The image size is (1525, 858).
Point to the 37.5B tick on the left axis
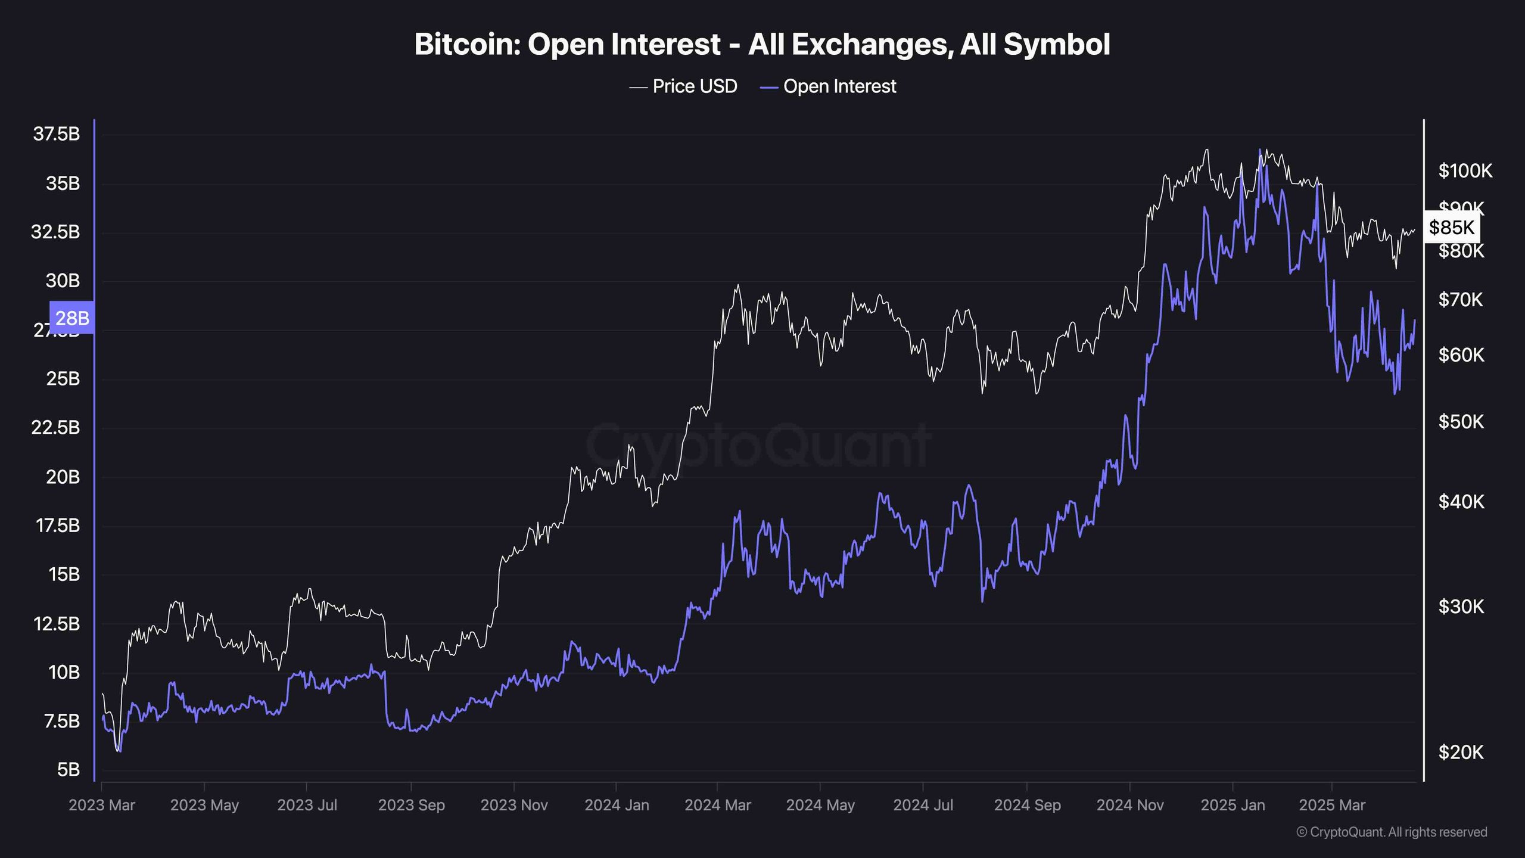(x=57, y=134)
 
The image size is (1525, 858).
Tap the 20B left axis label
(x=63, y=477)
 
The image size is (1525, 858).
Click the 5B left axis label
(x=68, y=769)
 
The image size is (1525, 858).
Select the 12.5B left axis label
(x=57, y=623)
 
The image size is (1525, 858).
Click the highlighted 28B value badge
(x=72, y=318)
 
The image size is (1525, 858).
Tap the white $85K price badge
(x=1451, y=227)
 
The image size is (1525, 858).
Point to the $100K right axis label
(x=1465, y=171)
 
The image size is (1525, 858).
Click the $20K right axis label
(x=1461, y=752)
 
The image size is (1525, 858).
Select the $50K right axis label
(x=1461, y=422)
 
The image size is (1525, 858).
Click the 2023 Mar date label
(x=102, y=805)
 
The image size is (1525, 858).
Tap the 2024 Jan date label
(x=617, y=805)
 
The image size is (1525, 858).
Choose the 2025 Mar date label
(x=1332, y=805)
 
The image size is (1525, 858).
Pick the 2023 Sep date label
(x=411, y=805)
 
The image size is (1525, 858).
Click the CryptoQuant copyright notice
(x=1392, y=832)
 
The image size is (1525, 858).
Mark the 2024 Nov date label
(x=1129, y=805)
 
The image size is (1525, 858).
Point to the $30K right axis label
(x=1461, y=607)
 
